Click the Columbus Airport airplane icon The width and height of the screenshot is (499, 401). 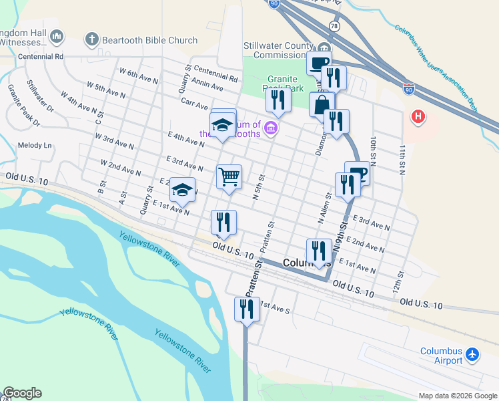(x=473, y=354)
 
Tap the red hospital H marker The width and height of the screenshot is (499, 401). (x=418, y=117)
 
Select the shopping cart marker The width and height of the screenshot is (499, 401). (x=229, y=177)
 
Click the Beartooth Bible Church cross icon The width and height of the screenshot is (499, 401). (x=93, y=40)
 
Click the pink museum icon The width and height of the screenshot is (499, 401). (x=271, y=128)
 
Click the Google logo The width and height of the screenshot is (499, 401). (x=22, y=393)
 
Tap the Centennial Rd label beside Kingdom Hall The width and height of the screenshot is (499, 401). (x=41, y=57)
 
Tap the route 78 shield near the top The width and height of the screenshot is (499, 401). (x=333, y=25)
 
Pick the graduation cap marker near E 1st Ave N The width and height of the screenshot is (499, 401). (x=182, y=190)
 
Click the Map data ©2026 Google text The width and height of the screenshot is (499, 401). (x=457, y=396)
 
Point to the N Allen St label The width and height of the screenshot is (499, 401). (x=324, y=208)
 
